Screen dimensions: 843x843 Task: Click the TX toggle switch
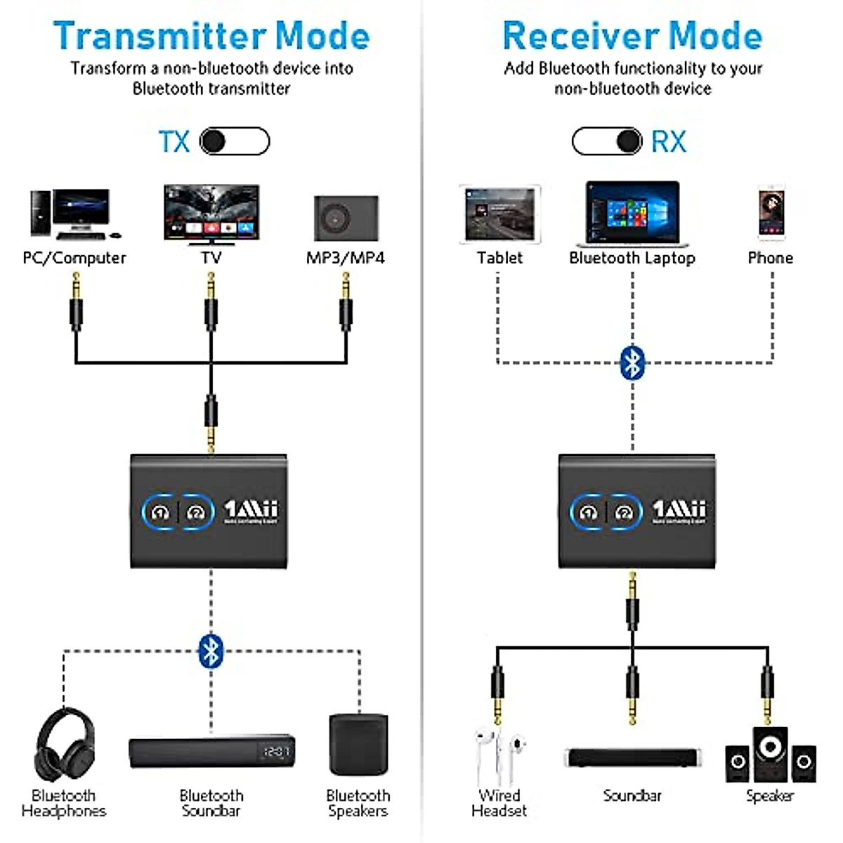pyautogui.click(x=235, y=141)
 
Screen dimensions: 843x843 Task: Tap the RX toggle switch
pyautogui.click(x=607, y=141)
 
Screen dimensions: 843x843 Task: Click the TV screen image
pyautogui.click(x=211, y=211)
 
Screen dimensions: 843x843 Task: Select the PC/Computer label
pyautogui.click(x=74, y=258)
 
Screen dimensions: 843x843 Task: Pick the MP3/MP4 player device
pyautogui.click(x=346, y=218)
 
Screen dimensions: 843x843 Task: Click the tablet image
pyautogui.click(x=499, y=214)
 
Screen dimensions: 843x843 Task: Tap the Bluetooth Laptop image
pyautogui.click(x=633, y=213)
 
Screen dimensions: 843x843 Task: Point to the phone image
pyautogui.click(x=771, y=213)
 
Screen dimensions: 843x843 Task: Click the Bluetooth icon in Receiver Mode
pyautogui.click(x=633, y=363)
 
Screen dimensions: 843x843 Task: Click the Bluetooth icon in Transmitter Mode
pyautogui.click(x=211, y=651)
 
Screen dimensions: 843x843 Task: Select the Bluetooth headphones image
pyautogui.click(x=64, y=745)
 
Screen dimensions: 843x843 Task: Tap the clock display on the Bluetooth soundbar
pyautogui.click(x=276, y=752)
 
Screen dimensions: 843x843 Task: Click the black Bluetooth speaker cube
pyautogui.click(x=358, y=745)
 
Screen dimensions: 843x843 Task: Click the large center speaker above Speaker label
pyautogui.click(x=770, y=752)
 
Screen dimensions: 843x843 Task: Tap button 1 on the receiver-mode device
pyautogui.click(x=588, y=512)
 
